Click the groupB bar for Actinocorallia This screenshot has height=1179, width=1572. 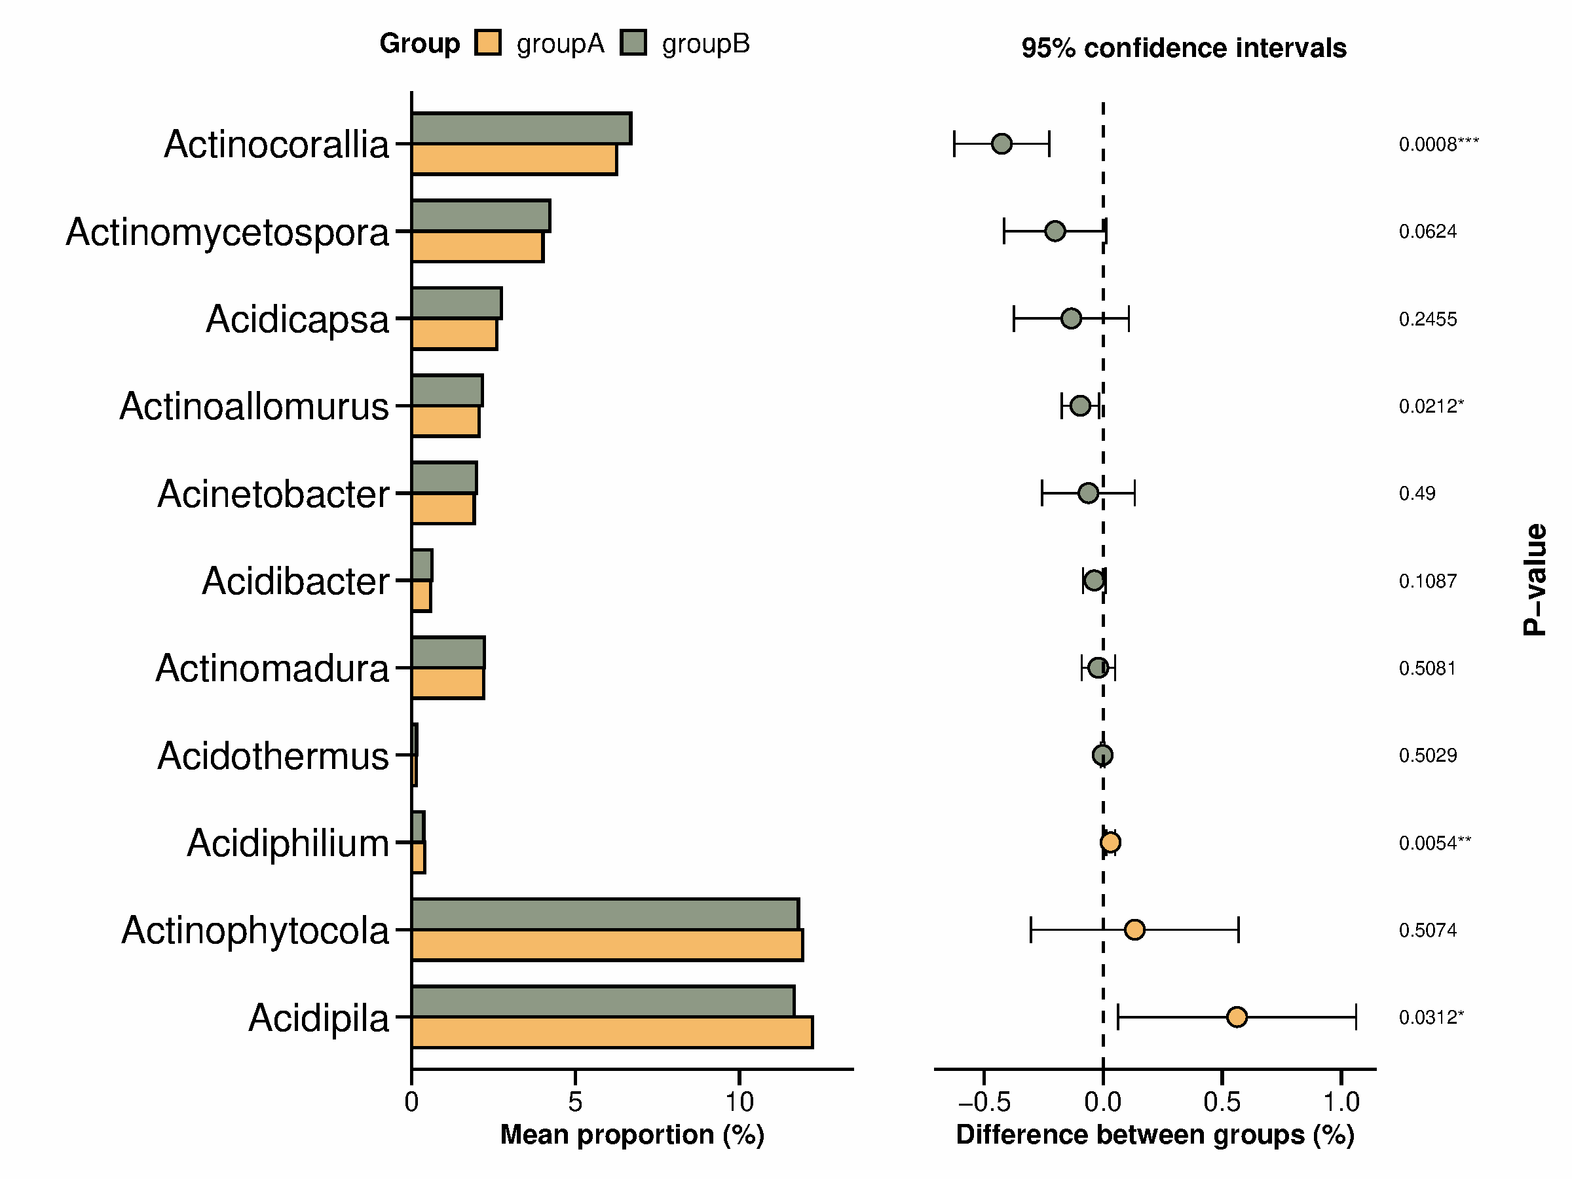click(x=521, y=128)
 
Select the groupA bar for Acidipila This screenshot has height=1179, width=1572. click(x=612, y=1032)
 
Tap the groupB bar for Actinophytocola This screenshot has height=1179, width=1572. click(x=605, y=914)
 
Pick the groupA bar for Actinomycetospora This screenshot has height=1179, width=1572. click(x=477, y=246)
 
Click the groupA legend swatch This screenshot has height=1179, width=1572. click(x=488, y=43)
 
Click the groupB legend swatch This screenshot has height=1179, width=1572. click(x=633, y=43)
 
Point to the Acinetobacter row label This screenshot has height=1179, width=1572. click(x=273, y=494)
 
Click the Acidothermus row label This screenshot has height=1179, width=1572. click(x=273, y=755)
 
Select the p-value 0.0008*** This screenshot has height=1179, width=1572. click(x=1438, y=144)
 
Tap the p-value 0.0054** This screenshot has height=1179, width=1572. click(x=1434, y=843)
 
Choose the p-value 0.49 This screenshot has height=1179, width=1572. click(x=1416, y=493)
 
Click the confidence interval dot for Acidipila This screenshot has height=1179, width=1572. click(x=1237, y=1017)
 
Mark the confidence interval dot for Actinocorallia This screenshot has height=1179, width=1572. click(x=1001, y=143)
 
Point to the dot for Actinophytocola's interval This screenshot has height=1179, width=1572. click(x=1134, y=929)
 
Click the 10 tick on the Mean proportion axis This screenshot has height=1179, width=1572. click(x=739, y=1102)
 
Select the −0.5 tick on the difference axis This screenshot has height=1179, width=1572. click(x=984, y=1102)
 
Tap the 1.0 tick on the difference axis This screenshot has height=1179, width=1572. click(x=1341, y=1102)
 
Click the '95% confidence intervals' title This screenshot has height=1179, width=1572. click(x=1184, y=48)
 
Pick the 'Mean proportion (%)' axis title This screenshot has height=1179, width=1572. click(x=632, y=1135)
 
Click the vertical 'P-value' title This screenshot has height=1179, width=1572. click(x=1535, y=579)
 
